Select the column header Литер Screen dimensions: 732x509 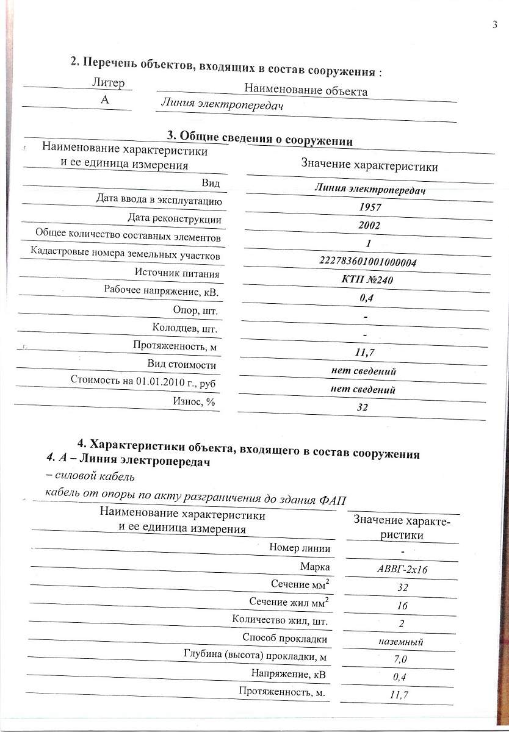click(x=107, y=83)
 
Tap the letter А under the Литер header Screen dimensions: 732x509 click(x=105, y=101)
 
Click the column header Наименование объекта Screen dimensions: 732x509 click(x=305, y=90)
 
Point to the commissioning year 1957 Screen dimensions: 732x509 click(x=370, y=207)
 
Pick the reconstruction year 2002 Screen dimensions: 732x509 click(x=370, y=226)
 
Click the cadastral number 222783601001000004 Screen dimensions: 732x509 click(x=368, y=262)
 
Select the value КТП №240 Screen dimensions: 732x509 click(x=368, y=281)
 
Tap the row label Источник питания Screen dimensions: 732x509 click(x=177, y=274)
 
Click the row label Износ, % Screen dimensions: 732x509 click(x=195, y=401)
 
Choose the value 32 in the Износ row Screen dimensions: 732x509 click(x=363, y=407)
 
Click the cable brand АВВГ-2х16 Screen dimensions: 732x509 click(x=401, y=570)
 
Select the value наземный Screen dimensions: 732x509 click(x=401, y=642)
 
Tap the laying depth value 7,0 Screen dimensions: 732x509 click(x=400, y=659)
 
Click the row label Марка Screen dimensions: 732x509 click(x=315, y=566)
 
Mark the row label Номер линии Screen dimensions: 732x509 click(x=300, y=548)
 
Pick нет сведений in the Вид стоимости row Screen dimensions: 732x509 click(x=364, y=371)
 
